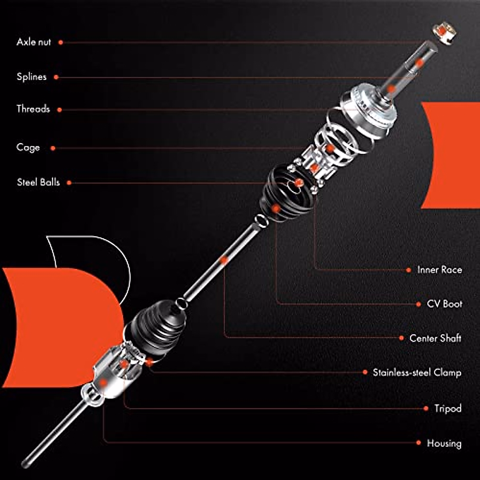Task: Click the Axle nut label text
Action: [34, 42]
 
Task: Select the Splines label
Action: [31, 77]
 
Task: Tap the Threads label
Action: [33, 109]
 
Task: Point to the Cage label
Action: [28, 148]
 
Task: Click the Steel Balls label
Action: [38, 182]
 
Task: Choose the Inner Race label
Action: [439, 270]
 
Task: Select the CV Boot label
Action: [444, 304]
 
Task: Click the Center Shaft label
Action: [435, 338]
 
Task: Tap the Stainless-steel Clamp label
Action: [417, 372]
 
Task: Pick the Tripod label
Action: [448, 408]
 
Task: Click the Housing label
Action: [444, 443]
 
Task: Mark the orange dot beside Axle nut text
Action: [60, 42]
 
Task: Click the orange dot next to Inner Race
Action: [408, 270]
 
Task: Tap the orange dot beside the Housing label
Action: [418, 443]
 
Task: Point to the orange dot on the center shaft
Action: [224, 260]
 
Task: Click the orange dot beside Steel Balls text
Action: [69, 183]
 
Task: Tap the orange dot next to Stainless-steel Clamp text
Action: [365, 372]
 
